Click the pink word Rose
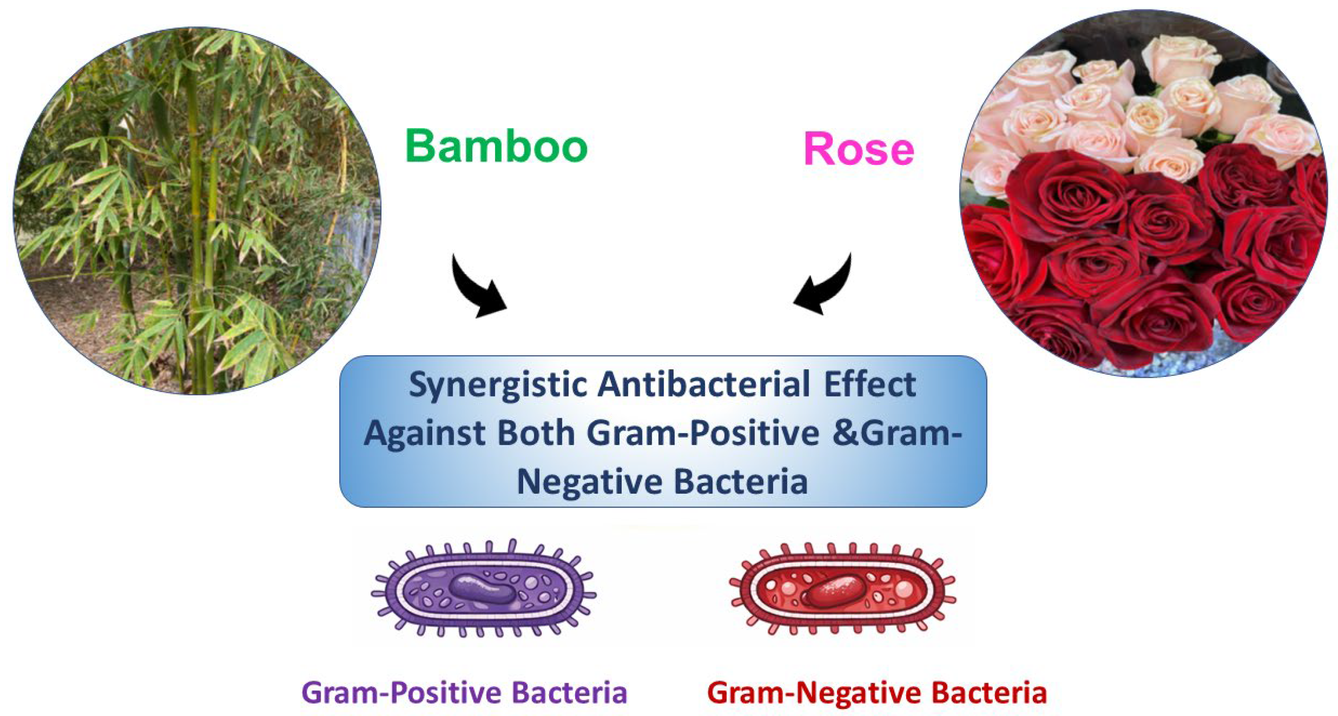click(x=859, y=149)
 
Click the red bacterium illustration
click(x=843, y=589)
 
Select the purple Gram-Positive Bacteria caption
click(x=464, y=692)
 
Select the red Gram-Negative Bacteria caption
click(x=877, y=692)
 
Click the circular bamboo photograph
click(x=197, y=211)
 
